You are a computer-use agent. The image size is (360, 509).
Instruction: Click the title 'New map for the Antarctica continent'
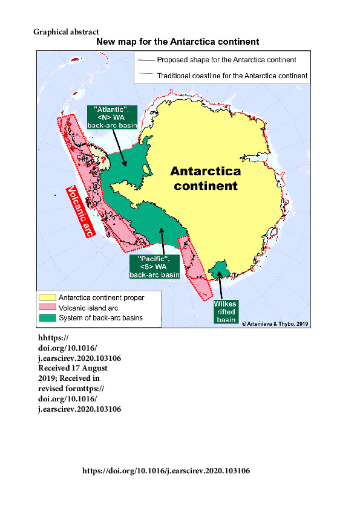(178, 42)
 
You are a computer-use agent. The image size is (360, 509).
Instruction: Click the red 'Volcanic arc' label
(79, 212)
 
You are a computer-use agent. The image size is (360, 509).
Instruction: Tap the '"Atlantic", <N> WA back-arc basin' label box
(112, 116)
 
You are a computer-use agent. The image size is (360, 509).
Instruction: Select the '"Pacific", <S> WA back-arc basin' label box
(154, 266)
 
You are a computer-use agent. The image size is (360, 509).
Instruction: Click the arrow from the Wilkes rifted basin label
(220, 285)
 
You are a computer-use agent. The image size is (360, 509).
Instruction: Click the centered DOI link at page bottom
(166, 470)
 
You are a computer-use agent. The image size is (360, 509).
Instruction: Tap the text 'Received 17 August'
(73, 368)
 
